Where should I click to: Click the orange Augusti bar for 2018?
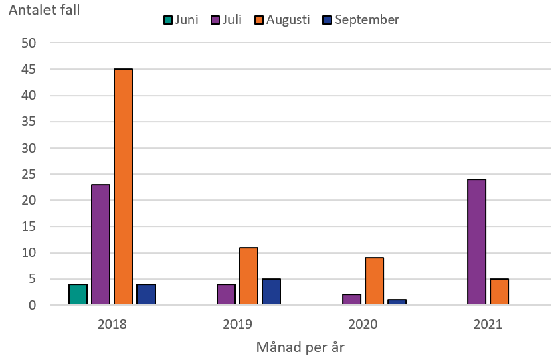coord(123,187)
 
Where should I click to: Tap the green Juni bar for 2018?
coord(78,294)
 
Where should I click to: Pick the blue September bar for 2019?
coord(271,292)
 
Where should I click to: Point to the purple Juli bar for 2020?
coord(351,300)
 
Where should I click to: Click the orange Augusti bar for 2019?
coord(248,276)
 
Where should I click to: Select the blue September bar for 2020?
coord(397,302)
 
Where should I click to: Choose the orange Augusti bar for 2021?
coord(498,292)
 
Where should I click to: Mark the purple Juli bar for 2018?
coord(100,245)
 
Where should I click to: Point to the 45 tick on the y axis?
coord(37,70)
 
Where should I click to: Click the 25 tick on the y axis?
coord(37,174)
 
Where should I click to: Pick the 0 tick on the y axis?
coord(41,305)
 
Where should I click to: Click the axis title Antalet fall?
coord(44,11)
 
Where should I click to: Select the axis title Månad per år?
coord(300,347)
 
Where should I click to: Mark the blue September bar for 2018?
coord(146,294)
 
